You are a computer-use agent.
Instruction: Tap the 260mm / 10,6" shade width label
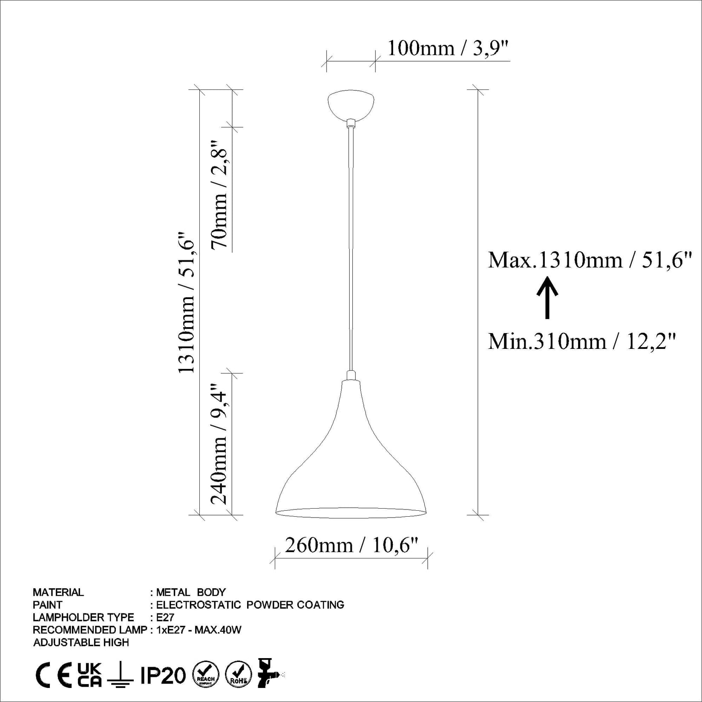(351, 545)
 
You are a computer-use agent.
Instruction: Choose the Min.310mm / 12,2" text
(582, 341)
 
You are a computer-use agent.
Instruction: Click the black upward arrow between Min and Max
(547, 297)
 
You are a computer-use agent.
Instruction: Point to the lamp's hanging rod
(351, 247)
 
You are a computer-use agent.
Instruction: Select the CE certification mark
(53, 676)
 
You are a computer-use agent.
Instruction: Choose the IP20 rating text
(163, 676)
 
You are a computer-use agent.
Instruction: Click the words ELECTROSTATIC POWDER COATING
(250, 605)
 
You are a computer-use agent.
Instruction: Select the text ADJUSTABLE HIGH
(81, 642)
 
